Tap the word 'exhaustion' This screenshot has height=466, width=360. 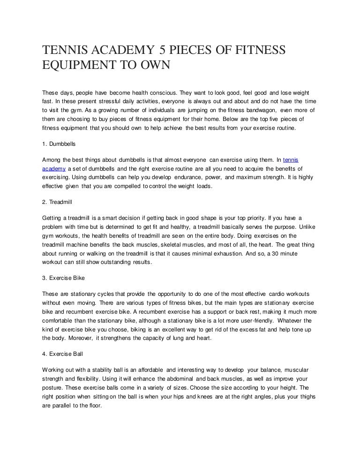tap(223, 253)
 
